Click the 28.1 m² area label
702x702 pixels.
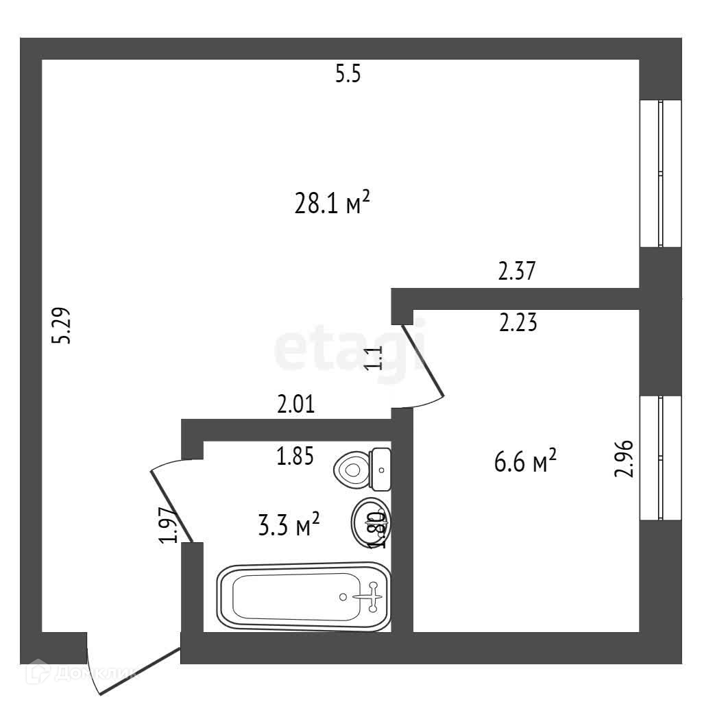(x=332, y=204)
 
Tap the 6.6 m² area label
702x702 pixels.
(x=524, y=463)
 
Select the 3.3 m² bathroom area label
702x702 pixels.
(x=288, y=526)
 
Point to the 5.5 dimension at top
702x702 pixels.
(x=348, y=74)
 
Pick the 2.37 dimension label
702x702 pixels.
(x=516, y=271)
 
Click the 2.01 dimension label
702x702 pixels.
(x=295, y=404)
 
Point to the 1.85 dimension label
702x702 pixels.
(x=295, y=456)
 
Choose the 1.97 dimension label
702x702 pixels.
(x=169, y=524)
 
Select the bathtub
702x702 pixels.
(x=304, y=596)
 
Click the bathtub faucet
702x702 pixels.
(x=372, y=596)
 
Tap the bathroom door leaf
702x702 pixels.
(x=170, y=505)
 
